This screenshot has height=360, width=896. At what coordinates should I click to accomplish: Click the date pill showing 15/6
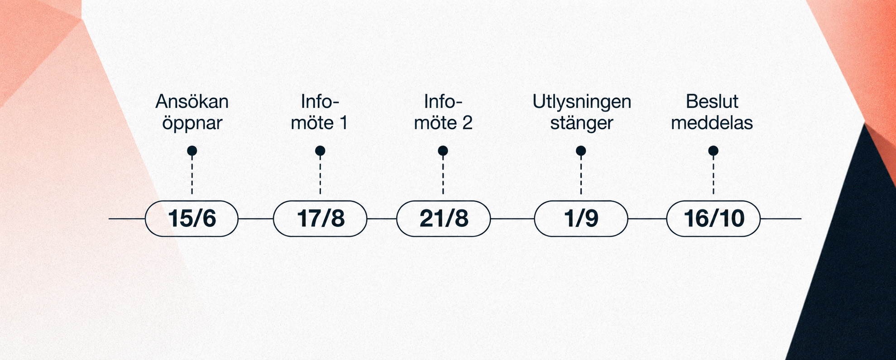tap(192, 219)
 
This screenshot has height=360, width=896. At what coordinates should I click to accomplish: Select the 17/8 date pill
tap(320, 219)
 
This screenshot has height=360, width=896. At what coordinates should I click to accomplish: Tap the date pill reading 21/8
tap(443, 219)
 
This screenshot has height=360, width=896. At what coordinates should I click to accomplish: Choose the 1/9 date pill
tap(581, 219)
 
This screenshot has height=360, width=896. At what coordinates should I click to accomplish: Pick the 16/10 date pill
tap(713, 219)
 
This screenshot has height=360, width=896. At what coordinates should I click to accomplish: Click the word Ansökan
tap(192, 101)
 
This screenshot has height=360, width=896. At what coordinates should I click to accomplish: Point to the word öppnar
tap(192, 123)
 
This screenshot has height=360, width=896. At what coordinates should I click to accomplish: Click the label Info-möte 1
tap(320, 112)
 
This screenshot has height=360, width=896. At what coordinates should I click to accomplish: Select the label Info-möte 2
tap(443, 112)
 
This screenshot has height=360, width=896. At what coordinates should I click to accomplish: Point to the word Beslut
tap(712, 101)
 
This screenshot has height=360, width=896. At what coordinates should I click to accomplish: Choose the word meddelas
tap(712, 123)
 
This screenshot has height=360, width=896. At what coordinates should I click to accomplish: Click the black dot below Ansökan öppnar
tap(192, 150)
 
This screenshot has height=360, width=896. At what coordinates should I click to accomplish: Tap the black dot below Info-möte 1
tap(320, 150)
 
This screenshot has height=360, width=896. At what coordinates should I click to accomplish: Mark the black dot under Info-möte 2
tap(443, 150)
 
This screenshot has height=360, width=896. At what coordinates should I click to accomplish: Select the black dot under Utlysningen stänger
tap(581, 150)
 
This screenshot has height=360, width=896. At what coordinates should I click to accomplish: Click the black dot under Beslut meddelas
tap(713, 150)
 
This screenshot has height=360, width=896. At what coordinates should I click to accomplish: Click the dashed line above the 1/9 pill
tap(581, 175)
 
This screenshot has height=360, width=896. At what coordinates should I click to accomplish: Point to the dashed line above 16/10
tap(713, 175)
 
